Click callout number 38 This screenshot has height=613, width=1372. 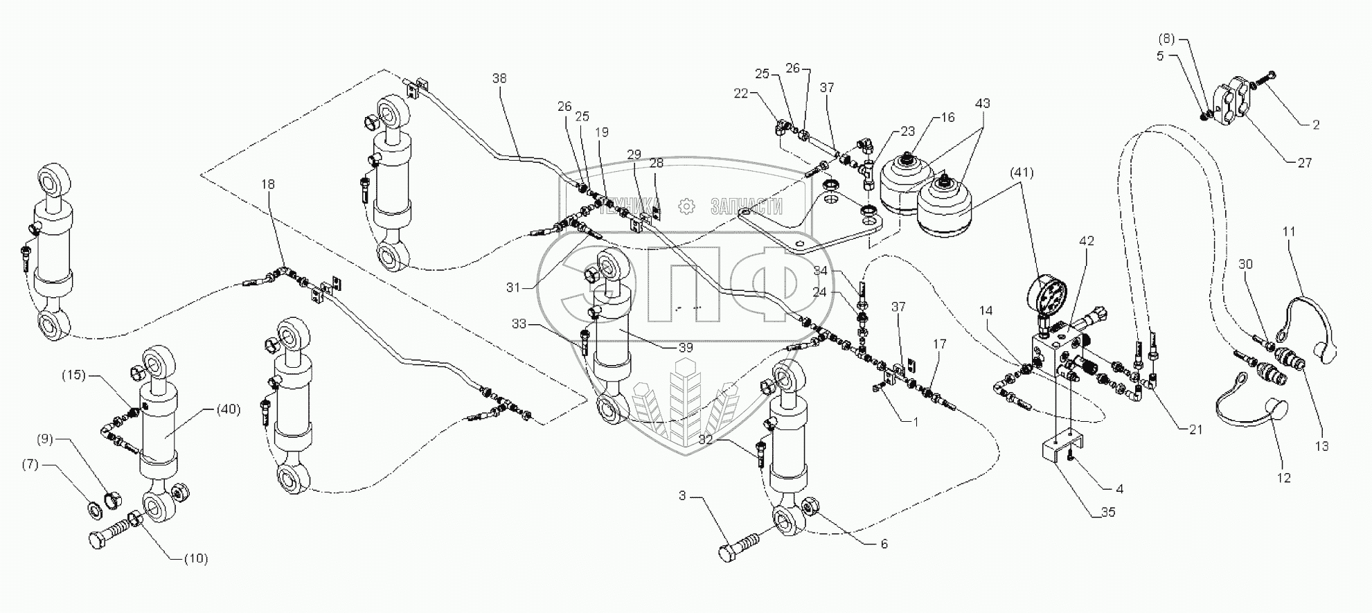[499, 78]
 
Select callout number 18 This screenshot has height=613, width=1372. [268, 184]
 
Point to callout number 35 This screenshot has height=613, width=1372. [1107, 513]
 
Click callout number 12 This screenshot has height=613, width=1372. [1284, 478]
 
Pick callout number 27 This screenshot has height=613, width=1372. [1304, 163]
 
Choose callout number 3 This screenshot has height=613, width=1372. [682, 496]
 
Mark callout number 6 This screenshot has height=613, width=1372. [883, 544]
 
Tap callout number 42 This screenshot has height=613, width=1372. [1087, 242]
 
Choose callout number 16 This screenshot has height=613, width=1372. [948, 118]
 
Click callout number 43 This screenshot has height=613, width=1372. [982, 103]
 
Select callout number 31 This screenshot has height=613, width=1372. [512, 287]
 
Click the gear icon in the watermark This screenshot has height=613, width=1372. [686, 206]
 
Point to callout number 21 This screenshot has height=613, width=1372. [1195, 429]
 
